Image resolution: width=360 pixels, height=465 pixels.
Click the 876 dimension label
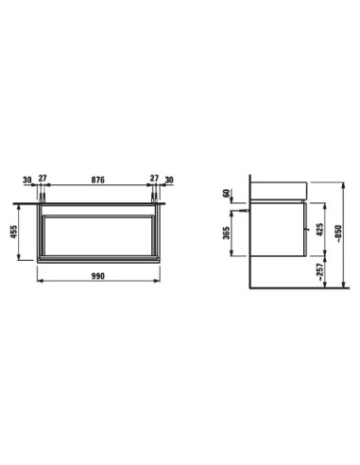click(97, 180)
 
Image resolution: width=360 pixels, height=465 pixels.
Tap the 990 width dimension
click(98, 276)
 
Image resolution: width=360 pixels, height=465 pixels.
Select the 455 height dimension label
click(14, 232)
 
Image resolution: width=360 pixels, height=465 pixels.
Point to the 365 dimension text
click(226, 232)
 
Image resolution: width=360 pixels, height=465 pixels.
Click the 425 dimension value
click(319, 230)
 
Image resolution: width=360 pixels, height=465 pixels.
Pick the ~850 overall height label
click(338, 233)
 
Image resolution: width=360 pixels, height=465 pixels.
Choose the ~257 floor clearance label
click(319, 271)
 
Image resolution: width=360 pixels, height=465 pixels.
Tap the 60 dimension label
click(226, 193)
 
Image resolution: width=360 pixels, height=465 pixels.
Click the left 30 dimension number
click(27, 180)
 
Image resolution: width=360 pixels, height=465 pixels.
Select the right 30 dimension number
click(169, 180)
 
